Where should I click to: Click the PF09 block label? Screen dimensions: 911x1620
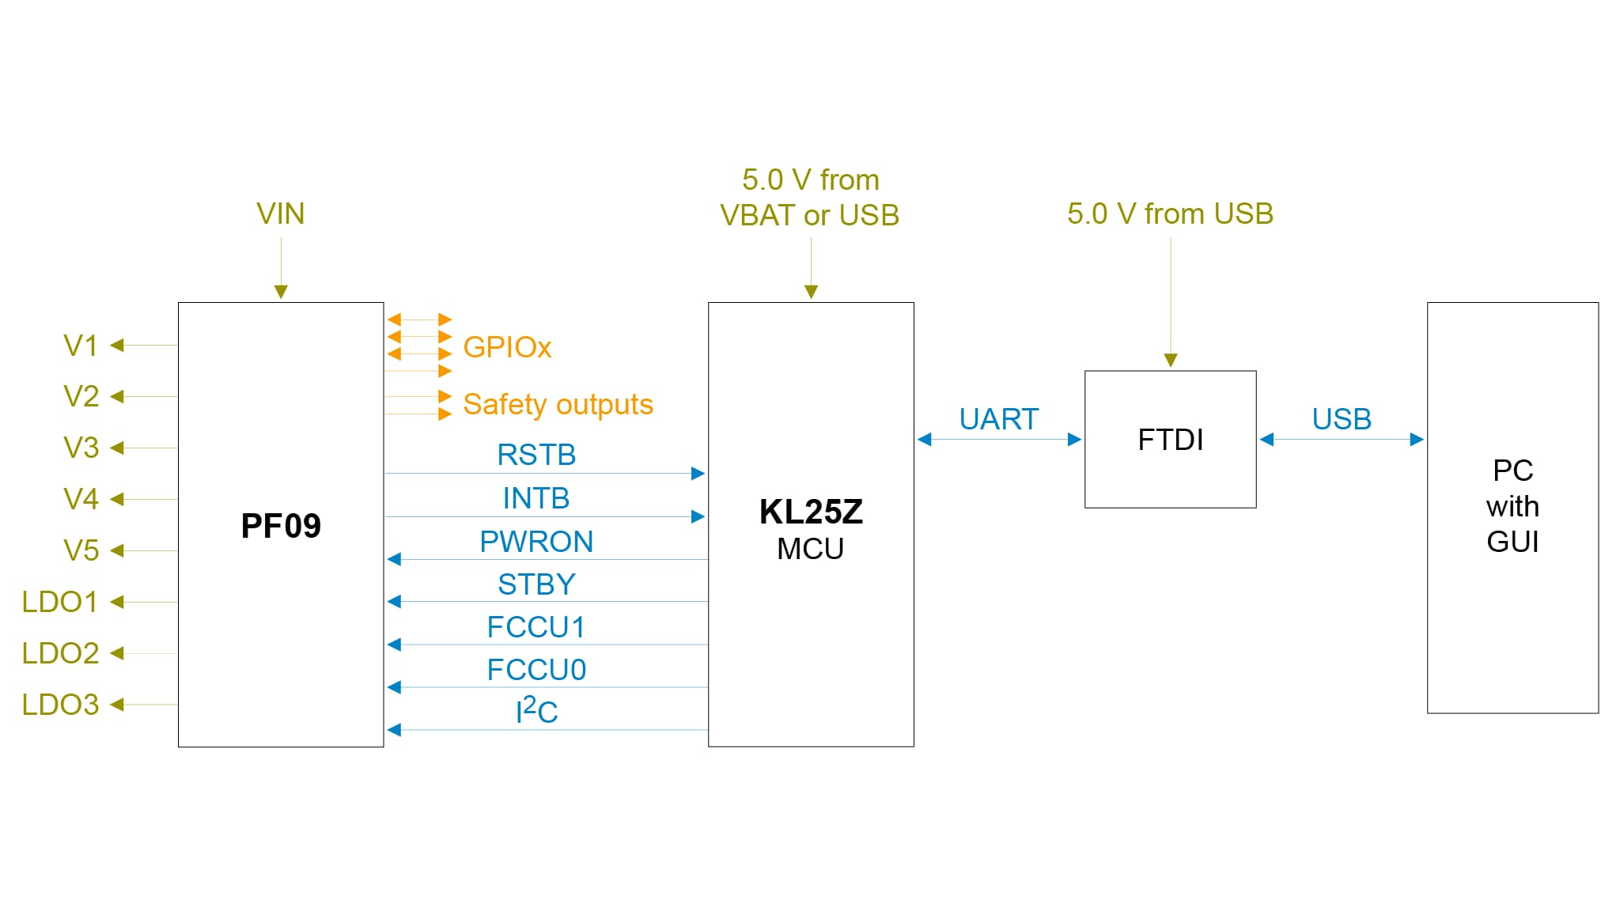pyautogui.click(x=281, y=526)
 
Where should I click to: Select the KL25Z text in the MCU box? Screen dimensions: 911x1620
pyautogui.click(x=811, y=512)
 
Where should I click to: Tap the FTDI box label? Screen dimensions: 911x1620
pyautogui.click(x=1170, y=440)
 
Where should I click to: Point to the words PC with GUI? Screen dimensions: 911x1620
pyautogui.click(x=1512, y=506)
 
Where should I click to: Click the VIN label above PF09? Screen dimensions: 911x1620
pyautogui.click(x=280, y=214)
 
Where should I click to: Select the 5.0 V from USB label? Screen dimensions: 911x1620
pyautogui.click(x=1170, y=214)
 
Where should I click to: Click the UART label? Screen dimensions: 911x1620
pyautogui.click(x=998, y=419)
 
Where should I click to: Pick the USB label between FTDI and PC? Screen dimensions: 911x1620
pyautogui.click(x=1342, y=419)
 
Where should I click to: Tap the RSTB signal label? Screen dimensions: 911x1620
pyautogui.click(x=536, y=455)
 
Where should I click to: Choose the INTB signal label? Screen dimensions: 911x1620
pyautogui.click(x=536, y=498)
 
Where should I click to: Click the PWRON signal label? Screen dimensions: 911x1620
pyautogui.click(x=536, y=542)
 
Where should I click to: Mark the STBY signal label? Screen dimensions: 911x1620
pyautogui.click(x=536, y=584)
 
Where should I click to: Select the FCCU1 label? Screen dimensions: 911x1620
pyautogui.click(x=536, y=627)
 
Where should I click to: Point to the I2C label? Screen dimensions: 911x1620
pyautogui.click(x=536, y=711)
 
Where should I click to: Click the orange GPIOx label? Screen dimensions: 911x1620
pyautogui.click(x=507, y=347)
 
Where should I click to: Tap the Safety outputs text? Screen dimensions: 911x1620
pyautogui.click(x=558, y=404)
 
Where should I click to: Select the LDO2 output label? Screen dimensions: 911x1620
pyautogui.click(x=60, y=653)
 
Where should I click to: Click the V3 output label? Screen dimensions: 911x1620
pyautogui.click(x=81, y=448)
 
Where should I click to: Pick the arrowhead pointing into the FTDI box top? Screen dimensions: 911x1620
pyautogui.click(x=1171, y=361)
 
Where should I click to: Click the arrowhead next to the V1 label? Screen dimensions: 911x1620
pyautogui.click(x=117, y=345)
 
